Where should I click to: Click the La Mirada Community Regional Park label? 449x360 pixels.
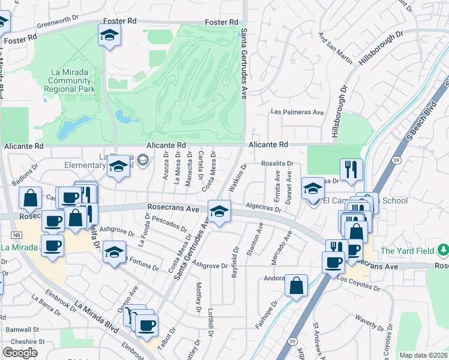[x=70, y=80]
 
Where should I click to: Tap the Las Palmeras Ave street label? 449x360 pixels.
[x=297, y=112]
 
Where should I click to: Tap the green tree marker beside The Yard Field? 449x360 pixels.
[x=443, y=250]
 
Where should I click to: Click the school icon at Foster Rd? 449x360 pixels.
[x=109, y=36]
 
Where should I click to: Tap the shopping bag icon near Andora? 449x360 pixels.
[x=297, y=286]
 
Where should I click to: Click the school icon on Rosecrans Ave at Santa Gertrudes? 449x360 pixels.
[x=218, y=211]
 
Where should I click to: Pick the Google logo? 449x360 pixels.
[x=20, y=353]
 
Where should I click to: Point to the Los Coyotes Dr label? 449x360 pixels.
[x=359, y=279]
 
